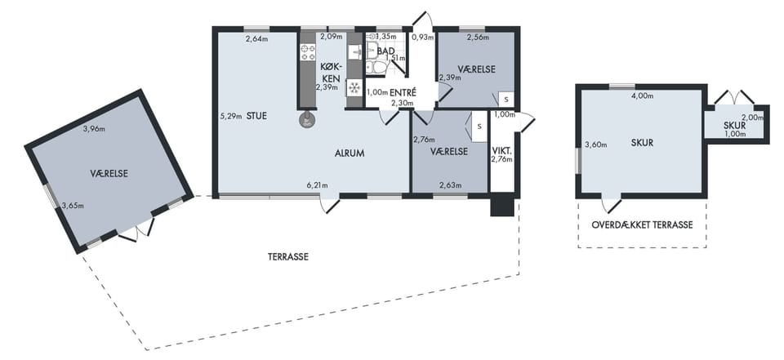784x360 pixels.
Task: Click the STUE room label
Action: click(x=256, y=116)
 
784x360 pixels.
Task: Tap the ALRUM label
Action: click(x=349, y=153)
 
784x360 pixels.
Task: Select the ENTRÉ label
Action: click(x=403, y=92)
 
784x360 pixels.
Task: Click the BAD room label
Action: click(x=386, y=51)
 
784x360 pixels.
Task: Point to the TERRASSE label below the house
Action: click(x=288, y=257)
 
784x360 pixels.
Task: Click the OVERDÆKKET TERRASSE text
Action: click(x=642, y=225)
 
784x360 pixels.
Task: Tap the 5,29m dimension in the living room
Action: click(x=230, y=116)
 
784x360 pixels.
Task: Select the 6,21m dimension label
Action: click(x=317, y=186)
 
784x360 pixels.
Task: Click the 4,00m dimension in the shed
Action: click(x=643, y=96)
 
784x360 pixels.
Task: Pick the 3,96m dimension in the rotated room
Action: click(x=94, y=129)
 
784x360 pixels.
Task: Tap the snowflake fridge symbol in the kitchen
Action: click(x=354, y=87)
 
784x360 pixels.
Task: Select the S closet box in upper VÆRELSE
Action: click(x=506, y=99)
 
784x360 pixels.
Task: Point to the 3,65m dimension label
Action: click(x=73, y=205)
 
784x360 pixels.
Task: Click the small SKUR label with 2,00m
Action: click(x=734, y=126)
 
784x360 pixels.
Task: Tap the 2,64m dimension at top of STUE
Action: click(x=256, y=39)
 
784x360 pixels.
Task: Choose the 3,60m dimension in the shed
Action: click(x=596, y=145)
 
